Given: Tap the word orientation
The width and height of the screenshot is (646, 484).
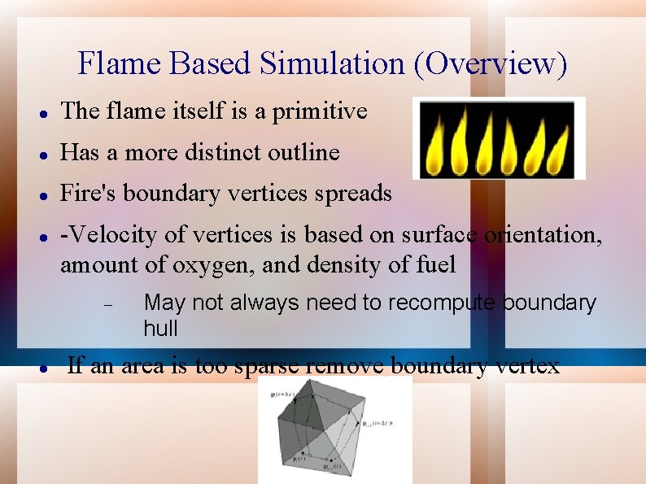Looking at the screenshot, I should [543, 235].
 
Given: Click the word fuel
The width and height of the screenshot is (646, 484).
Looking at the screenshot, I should [436, 265].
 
